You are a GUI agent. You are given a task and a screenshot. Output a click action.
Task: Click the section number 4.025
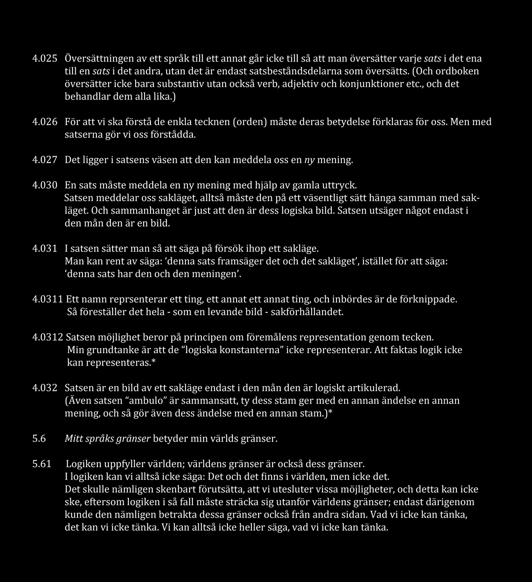tap(45, 59)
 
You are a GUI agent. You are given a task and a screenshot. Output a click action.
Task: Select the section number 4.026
tap(45, 122)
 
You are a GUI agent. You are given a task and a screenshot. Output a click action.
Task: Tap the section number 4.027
tap(45, 160)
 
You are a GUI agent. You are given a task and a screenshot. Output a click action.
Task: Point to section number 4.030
tap(45, 185)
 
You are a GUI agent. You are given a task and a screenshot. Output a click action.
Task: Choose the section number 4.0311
tap(48, 299)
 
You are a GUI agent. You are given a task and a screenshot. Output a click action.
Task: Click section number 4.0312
tap(48, 337)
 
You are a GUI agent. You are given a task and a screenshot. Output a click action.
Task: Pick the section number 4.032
tap(45, 388)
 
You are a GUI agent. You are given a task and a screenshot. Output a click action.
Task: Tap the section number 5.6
tap(39, 438)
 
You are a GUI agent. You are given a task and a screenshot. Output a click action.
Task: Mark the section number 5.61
tap(41, 464)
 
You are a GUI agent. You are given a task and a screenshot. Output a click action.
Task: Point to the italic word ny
tap(309, 160)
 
